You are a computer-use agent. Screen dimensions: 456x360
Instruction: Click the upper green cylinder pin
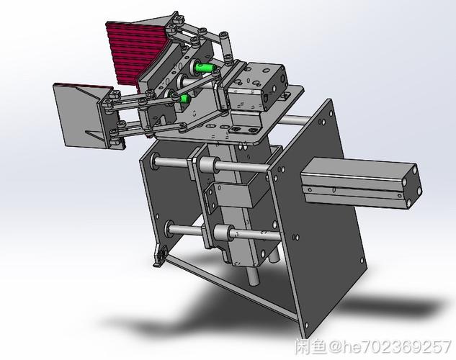(205, 68)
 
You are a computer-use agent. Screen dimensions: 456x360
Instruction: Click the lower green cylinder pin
(184, 99)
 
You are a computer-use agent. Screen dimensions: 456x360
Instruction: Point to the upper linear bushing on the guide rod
(208, 164)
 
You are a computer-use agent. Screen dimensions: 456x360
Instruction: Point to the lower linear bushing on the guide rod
(223, 233)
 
